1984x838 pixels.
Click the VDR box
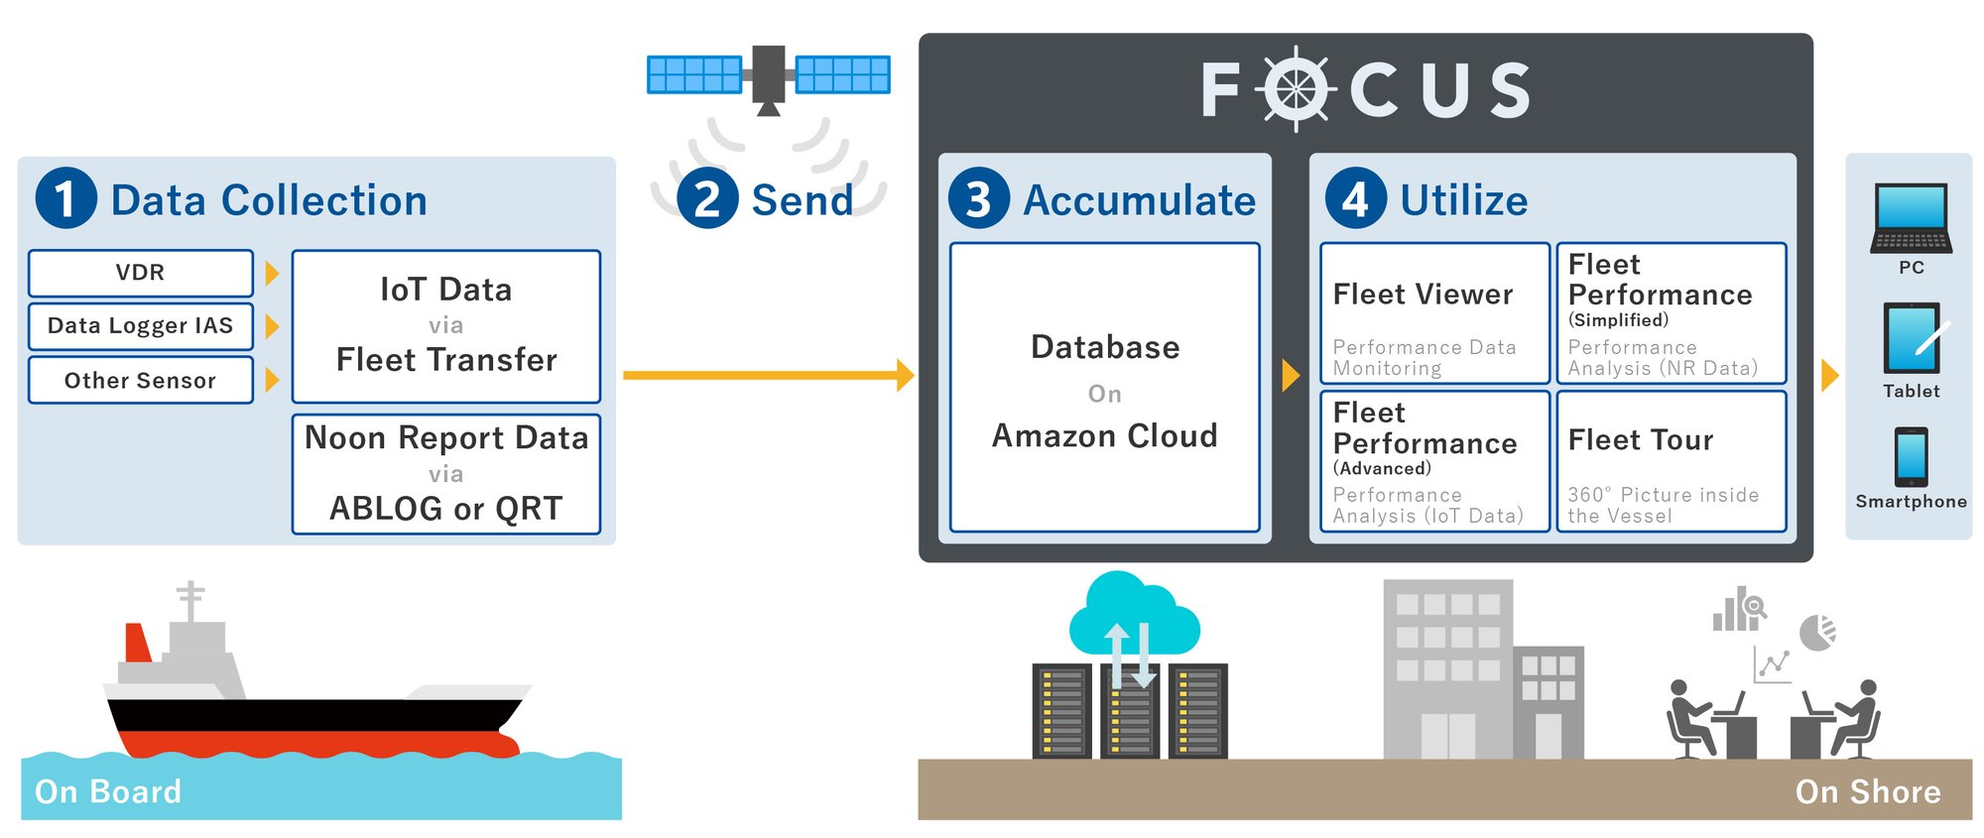click(140, 273)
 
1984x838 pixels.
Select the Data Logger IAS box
click(140, 326)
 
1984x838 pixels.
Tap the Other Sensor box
click(140, 381)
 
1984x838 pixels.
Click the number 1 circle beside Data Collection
click(65, 198)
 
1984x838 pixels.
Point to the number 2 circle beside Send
click(707, 198)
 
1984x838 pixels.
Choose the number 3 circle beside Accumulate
click(978, 198)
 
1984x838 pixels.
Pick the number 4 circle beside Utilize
click(1355, 198)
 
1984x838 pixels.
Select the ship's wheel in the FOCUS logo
click(1296, 90)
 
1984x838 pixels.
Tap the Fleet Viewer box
click(1434, 313)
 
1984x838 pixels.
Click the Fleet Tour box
click(1672, 462)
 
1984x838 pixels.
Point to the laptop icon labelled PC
click(1911, 218)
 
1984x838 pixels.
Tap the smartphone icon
click(1911, 456)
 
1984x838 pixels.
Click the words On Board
click(108, 791)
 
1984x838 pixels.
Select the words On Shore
click(1867, 791)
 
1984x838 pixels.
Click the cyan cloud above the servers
click(1134, 615)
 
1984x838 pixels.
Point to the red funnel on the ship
click(137, 644)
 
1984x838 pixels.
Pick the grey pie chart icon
click(1817, 633)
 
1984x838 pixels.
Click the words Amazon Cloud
click(1104, 436)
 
